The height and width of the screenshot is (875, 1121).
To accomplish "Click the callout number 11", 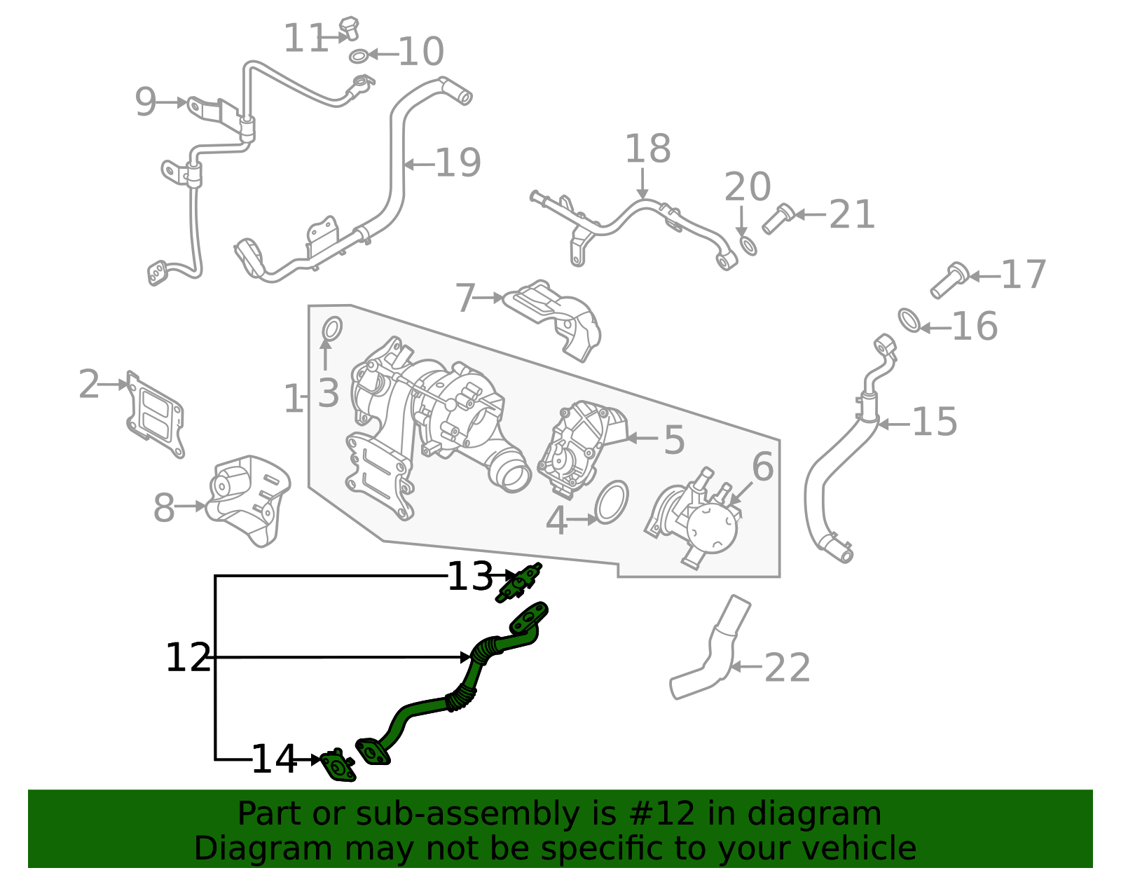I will coord(305,39).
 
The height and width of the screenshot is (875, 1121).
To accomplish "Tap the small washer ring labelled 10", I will coord(358,56).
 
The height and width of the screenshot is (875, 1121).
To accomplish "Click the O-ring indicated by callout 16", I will coord(909,320).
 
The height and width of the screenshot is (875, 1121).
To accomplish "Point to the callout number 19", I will coord(458,164).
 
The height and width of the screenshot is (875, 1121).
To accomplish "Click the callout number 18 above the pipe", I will coord(647,149).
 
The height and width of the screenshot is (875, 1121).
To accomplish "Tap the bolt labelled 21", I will coord(776,219).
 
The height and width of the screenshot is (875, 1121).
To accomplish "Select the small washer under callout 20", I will coord(748,246).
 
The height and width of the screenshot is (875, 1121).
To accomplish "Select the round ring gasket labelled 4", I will coord(612,502).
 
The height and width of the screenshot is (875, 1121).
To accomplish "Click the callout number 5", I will coord(673,440).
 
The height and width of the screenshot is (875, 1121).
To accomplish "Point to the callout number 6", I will coord(762,467).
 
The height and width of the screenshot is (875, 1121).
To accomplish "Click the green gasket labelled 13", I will coord(518,583).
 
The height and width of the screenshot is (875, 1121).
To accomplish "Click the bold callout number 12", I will coord(188,658).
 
